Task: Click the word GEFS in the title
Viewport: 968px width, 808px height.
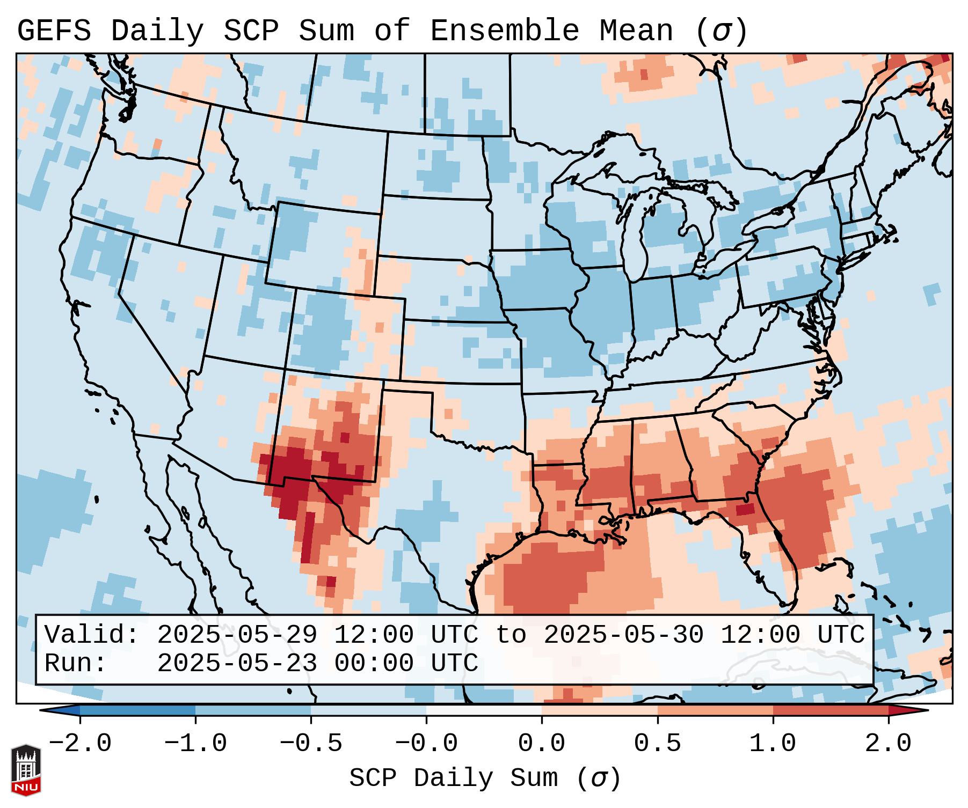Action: pyautogui.click(x=54, y=31)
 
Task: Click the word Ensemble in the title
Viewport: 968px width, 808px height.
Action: pyautogui.click(x=505, y=31)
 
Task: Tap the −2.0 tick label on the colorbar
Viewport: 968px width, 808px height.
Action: pyautogui.click(x=80, y=744)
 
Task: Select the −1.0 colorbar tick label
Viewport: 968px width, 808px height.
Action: pyautogui.click(x=195, y=744)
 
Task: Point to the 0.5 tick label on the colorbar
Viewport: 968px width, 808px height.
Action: pyautogui.click(x=657, y=744)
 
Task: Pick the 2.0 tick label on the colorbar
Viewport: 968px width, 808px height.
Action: pyautogui.click(x=888, y=744)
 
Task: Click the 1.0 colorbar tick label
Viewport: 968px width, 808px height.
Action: pyautogui.click(x=773, y=744)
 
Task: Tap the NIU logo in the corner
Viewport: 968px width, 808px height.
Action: pyautogui.click(x=26, y=770)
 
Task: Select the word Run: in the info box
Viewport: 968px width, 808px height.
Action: pyautogui.click(x=76, y=663)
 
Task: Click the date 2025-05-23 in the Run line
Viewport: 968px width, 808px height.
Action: pyautogui.click(x=237, y=663)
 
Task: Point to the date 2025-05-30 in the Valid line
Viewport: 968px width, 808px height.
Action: pyautogui.click(x=623, y=635)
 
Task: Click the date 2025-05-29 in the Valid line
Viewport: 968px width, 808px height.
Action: pyautogui.click(x=237, y=635)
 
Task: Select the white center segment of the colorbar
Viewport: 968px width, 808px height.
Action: pyautogui.click(x=484, y=710)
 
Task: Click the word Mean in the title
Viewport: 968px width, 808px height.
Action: pyautogui.click(x=636, y=31)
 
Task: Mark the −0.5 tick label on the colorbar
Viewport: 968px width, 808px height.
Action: pyautogui.click(x=311, y=744)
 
